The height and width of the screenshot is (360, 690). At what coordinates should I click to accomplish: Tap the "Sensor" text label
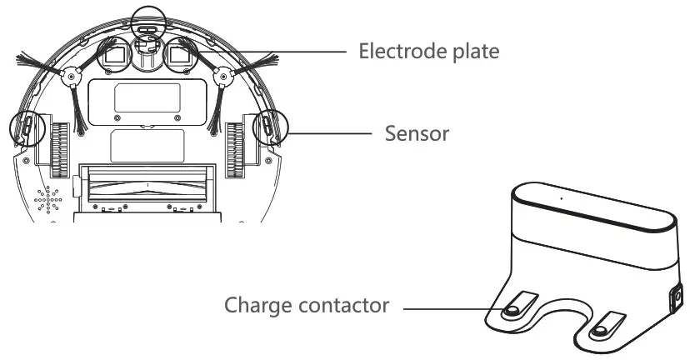click(417, 133)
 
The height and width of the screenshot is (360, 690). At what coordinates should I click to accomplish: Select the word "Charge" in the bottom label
click(257, 306)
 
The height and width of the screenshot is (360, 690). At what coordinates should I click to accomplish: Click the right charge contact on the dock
click(598, 329)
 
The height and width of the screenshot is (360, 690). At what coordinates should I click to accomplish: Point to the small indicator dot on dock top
click(561, 198)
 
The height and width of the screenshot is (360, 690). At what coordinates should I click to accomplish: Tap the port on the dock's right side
click(677, 297)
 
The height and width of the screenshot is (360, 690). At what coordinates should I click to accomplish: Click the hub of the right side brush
click(222, 77)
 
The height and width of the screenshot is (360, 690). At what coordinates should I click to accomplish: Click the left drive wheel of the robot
click(59, 149)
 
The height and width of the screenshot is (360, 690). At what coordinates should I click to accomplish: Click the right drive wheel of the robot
click(234, 149)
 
